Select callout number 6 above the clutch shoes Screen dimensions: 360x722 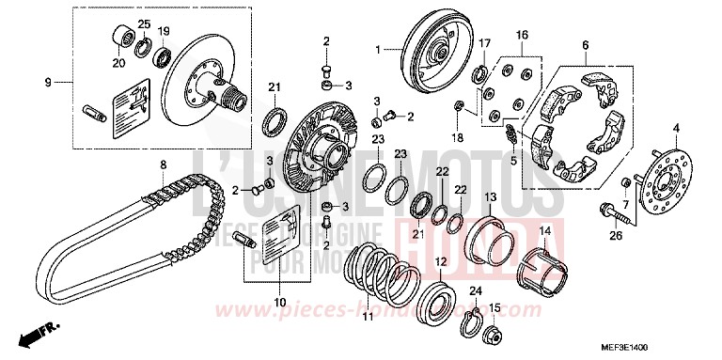point(585,45)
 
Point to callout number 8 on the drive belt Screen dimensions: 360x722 point(163,165)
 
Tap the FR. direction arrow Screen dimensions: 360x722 point(42,332)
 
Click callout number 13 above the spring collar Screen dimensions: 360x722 point(490,197)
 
